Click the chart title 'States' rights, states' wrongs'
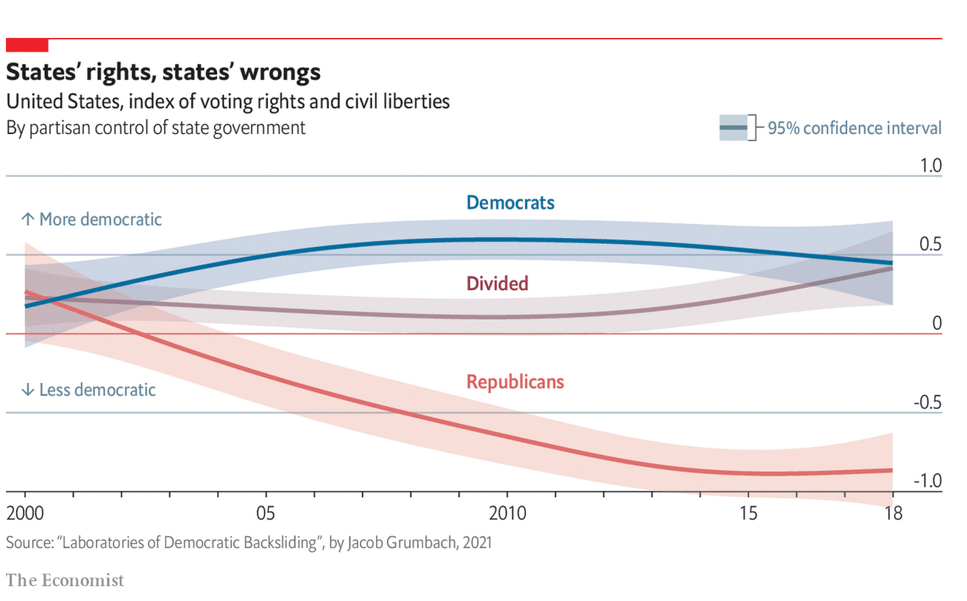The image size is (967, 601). click(163, 72)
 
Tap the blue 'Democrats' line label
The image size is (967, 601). click(510, 202)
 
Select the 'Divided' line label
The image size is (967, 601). click(498, 283)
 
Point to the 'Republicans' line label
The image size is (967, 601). click(515, 382)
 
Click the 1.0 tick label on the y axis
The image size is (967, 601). click(931, 165)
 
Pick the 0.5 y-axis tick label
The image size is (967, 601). click(931, 244)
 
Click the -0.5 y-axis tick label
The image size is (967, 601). click(928, 402)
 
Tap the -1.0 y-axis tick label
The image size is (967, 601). click(928, 481)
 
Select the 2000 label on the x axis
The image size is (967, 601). click(25, 513)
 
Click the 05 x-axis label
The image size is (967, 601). click(266, 513)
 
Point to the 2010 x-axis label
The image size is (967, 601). click(507, 513)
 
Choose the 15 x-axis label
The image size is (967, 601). click(748, 513)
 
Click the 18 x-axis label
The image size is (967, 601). click(893, 513)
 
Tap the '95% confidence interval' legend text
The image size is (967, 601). click(855, 128)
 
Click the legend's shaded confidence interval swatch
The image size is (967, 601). click(733, 127)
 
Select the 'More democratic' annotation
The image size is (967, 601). click(91, 219)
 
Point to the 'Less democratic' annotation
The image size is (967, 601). click(89, 390)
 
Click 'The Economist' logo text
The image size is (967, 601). click(65, 580)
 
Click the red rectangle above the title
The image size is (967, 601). click(28, 45)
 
